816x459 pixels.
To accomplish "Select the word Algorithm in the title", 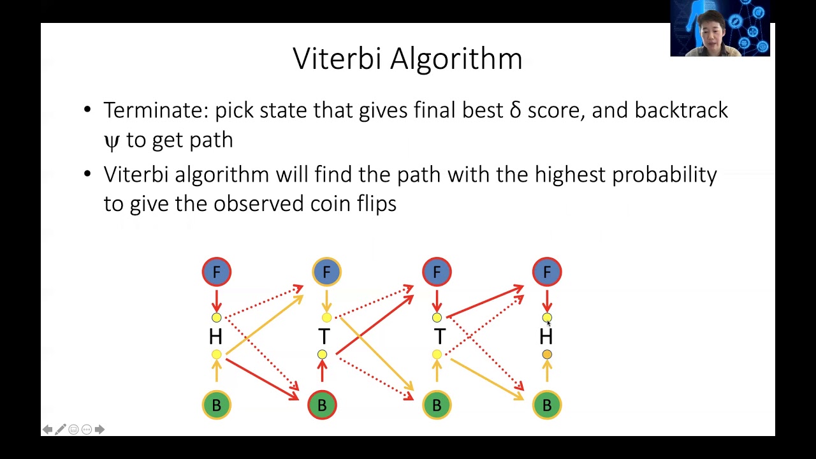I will coord(456,59).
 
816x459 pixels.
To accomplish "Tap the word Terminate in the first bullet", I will coord(156,110).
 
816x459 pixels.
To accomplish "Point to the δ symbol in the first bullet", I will coord(515,110).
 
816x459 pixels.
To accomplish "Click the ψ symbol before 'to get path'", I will coord(112,140).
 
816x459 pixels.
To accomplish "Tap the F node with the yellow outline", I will coord(326,272).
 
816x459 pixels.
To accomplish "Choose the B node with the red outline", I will coord(322,405).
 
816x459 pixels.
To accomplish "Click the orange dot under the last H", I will coord(547,354).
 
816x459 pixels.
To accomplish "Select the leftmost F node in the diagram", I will coord(217,272).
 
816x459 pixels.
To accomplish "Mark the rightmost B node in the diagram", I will coord(547,405).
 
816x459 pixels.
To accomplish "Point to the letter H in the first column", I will coord(215,336).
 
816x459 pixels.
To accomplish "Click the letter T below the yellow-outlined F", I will coord(324,336).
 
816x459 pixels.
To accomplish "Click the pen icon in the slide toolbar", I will coord(61,430).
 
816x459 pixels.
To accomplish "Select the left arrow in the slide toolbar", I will coord(47,430).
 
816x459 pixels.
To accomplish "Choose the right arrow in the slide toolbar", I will coord(99,430).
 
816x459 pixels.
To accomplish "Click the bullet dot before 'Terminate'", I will coord(87,110).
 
